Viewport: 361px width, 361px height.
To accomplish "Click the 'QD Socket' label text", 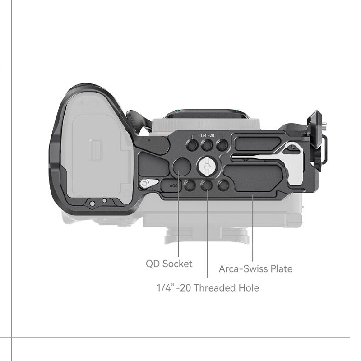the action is (169, 264).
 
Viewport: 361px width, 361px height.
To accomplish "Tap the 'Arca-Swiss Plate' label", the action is (255, 268).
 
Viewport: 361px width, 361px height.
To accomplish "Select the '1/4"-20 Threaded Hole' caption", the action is (208, 288).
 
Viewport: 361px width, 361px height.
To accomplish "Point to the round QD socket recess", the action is (182, 167).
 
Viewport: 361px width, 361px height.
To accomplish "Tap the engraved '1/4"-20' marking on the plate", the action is (207, 135).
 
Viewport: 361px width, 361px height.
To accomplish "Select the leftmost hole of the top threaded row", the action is (192, 145).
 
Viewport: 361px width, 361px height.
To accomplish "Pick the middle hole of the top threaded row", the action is (207, 145).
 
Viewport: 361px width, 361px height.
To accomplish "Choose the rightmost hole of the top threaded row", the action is (222, 145).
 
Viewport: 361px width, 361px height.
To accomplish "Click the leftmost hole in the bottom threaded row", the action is (190, 185).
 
